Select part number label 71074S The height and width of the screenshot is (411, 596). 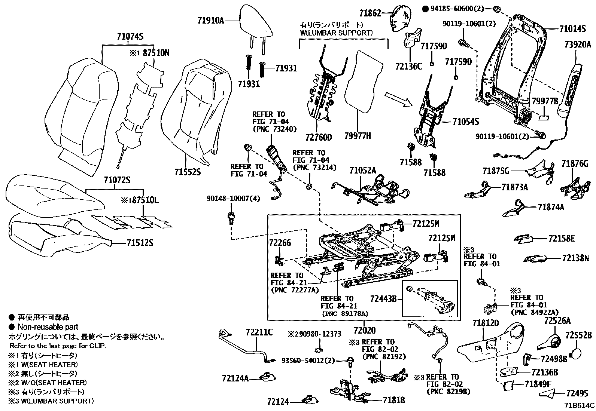(130, 36)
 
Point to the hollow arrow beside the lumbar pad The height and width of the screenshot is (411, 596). (398, 99)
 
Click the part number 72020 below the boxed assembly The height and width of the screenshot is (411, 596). (365, 330)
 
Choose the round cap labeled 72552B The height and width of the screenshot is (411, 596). (575, 354)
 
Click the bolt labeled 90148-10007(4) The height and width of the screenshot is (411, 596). (231, 218)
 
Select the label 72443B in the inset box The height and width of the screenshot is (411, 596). (383, 299)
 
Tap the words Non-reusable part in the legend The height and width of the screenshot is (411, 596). (48, 327)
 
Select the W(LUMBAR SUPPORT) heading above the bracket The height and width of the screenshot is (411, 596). (336, 33)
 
